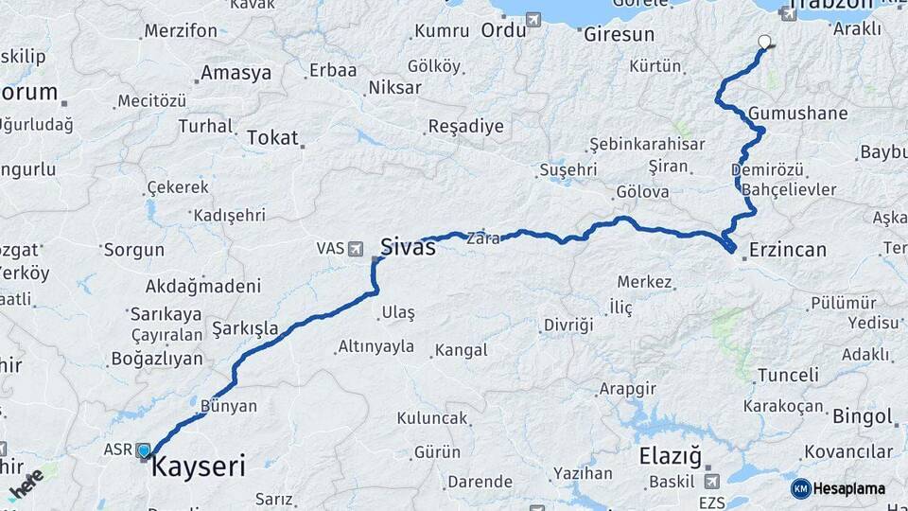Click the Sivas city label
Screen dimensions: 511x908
[x=408, y=247]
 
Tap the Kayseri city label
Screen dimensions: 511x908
[x=199, y=466]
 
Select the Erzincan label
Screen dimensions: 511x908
[x=787, y=250]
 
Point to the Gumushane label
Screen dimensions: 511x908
[x=797, y=114]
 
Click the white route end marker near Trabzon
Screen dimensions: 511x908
[x=764, y=42]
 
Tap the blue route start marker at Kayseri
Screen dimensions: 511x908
[x=144, y=450]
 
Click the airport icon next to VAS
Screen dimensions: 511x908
[x=357, y=248]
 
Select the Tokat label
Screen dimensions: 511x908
[x=272, y=137]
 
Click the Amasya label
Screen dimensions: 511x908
[x=236, y=73]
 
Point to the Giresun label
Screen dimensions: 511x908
[x=619, y=34]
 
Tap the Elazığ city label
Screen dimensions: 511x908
[x=671, y=457]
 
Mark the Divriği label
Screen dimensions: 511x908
[x=567, y=325]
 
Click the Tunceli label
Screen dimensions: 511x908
[x=788, y=375]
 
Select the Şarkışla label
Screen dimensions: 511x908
[x=245, y=328]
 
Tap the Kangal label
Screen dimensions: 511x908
[x=462, y=350]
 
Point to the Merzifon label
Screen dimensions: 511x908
[x=180, y=30]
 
